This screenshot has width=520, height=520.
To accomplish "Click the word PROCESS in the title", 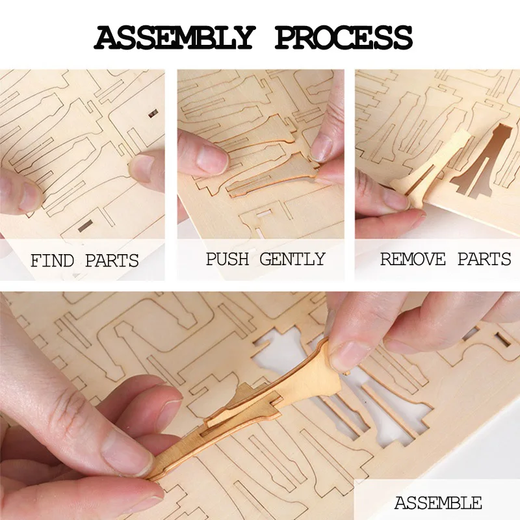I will [343, 38].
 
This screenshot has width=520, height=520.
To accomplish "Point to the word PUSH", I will [227, 259].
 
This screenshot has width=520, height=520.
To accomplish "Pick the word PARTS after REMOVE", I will [484, 259].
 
